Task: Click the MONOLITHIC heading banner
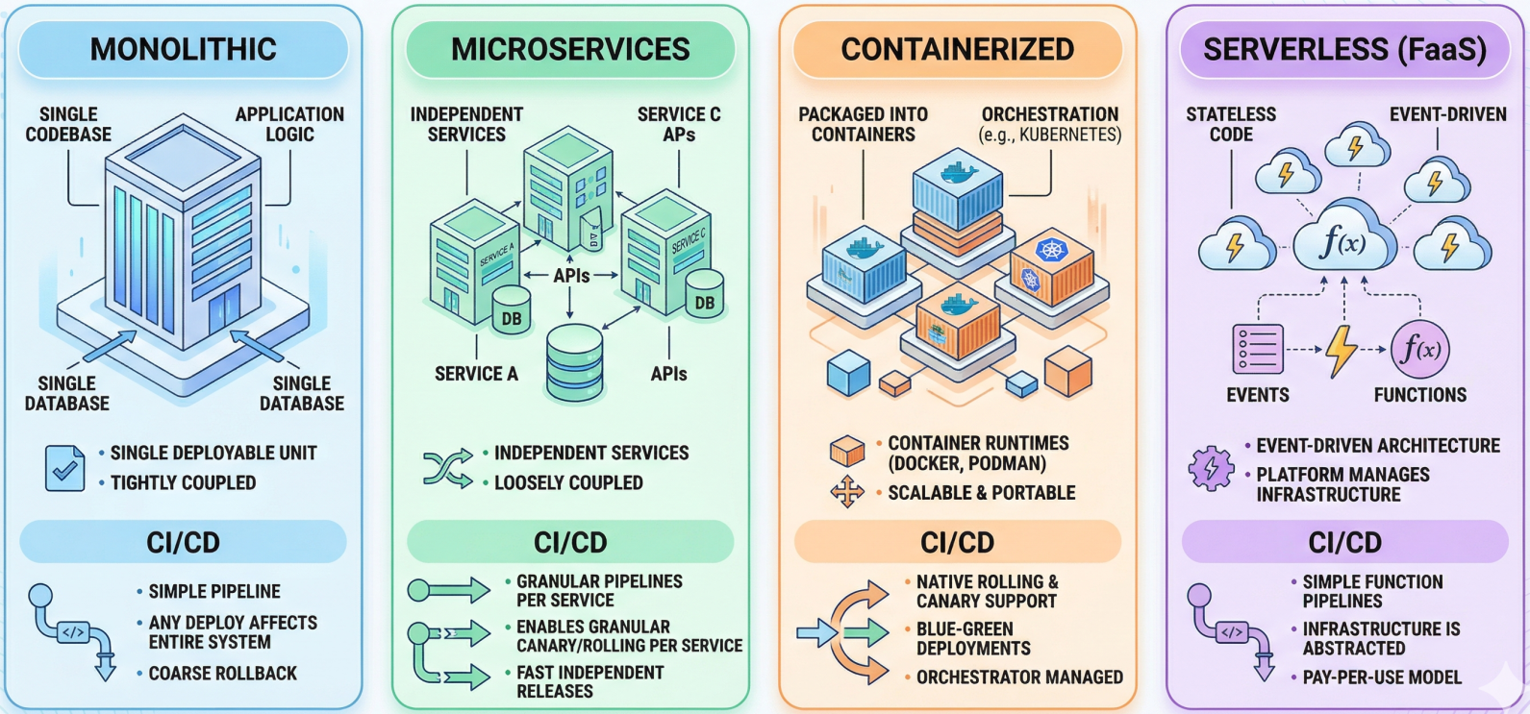click(183, 49)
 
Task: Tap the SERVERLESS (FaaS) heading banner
click(1344, 49)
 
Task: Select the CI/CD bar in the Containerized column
click(957, 542)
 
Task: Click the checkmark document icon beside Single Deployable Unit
click(64, 468)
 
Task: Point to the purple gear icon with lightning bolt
click(1211, 469)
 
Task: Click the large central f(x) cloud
click(1343, 241)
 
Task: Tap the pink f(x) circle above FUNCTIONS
click(1420, 349)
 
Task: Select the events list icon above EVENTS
click(1258, 349)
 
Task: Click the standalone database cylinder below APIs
click(574, 362)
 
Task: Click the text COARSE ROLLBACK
click(222, 674)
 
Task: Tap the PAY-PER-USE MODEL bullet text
click(1382, 677)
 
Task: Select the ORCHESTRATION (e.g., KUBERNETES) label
click(1050, 124)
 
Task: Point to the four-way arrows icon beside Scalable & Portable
click(846, 492)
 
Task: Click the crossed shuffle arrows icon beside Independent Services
click(448, 468)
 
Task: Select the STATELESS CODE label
click(1231, 124)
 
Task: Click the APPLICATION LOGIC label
click(289, 124)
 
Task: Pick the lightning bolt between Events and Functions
click(1341, 350)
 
